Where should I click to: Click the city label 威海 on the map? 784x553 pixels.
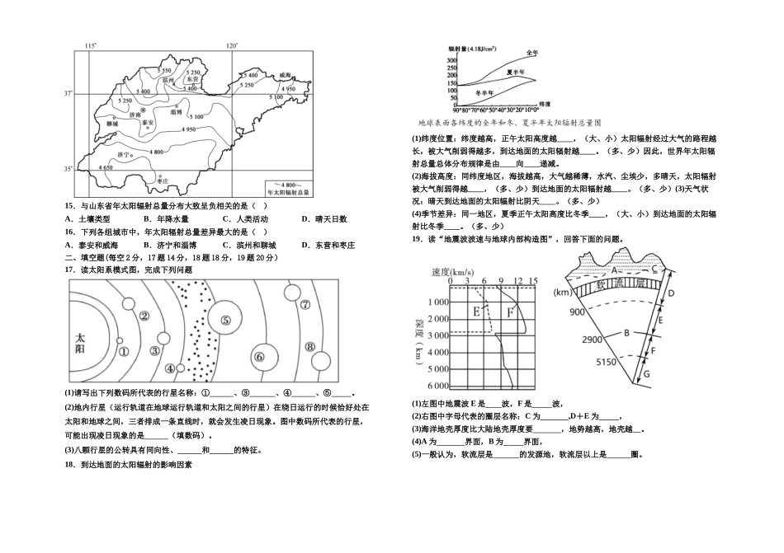tap(286, 74)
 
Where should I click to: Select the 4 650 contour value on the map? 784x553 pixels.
tap(106, 168)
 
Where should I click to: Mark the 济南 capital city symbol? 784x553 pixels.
tap(143, 110)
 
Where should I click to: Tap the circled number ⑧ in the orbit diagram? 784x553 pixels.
tap(310, 347)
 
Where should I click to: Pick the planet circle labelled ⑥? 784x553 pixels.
tap(258, 356)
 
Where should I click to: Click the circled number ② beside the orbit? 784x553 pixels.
tap(144, 315)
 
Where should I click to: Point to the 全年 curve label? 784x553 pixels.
tap(531, 54)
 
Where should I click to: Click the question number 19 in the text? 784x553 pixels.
tap(418, 239)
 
